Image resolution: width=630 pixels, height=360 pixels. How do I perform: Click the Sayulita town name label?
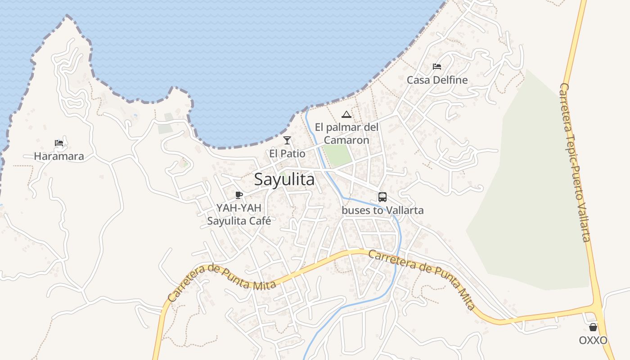284,179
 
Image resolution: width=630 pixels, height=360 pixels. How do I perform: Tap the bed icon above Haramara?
59,144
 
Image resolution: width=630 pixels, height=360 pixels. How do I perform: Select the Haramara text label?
59,157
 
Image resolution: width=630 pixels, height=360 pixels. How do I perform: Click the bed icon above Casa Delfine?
437,67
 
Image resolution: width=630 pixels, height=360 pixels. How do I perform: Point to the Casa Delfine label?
437,80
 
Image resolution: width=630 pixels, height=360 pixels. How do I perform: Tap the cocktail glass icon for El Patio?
287,140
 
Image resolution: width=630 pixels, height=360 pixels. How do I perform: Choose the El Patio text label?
287,154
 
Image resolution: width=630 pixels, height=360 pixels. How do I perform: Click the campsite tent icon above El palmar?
346,114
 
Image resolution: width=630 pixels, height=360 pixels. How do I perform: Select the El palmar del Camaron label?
346,134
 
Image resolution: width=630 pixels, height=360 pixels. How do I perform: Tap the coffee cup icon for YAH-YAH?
239,195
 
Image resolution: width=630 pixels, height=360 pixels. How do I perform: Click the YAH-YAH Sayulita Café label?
239,215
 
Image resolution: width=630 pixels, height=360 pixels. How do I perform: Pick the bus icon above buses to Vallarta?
382,197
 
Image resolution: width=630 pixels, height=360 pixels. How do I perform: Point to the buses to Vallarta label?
382,210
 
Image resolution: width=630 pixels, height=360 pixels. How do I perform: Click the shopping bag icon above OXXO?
593,327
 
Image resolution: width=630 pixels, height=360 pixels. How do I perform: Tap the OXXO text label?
593,340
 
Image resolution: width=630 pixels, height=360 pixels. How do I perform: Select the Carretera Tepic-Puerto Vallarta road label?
576,162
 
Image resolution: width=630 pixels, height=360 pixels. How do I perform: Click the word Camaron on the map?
346,140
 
